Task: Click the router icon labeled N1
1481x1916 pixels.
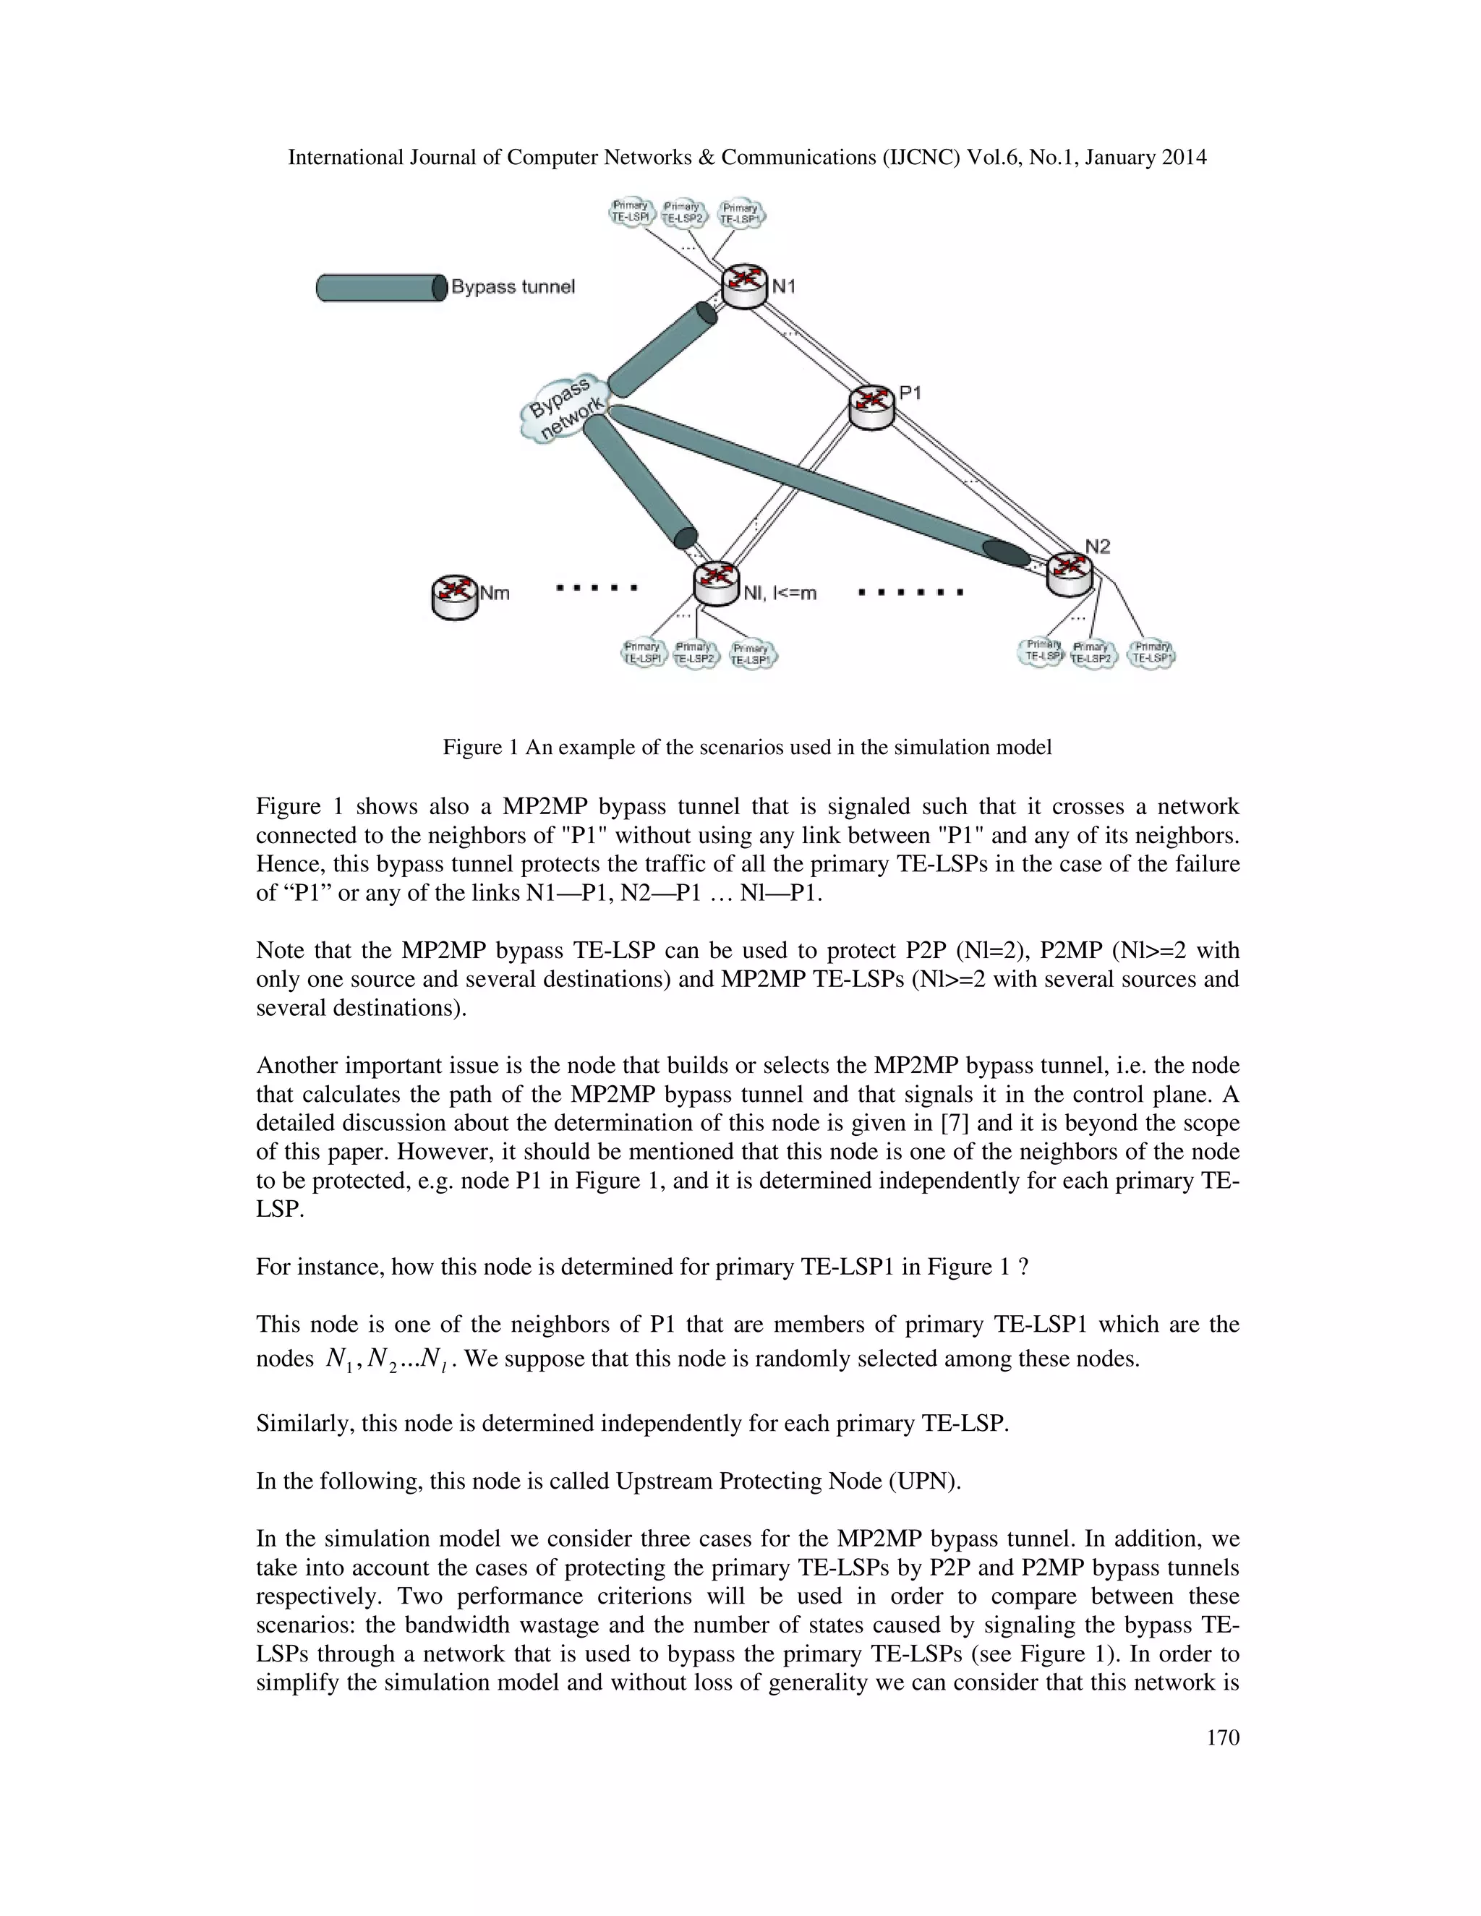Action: (744, 286)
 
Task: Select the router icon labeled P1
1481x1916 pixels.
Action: (872, 406)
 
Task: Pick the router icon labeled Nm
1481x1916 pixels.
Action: (454, 596)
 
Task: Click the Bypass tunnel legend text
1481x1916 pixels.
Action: (513, 287)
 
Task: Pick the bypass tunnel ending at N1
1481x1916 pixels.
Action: (662, 349)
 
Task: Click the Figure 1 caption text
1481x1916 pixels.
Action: (746, 748)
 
